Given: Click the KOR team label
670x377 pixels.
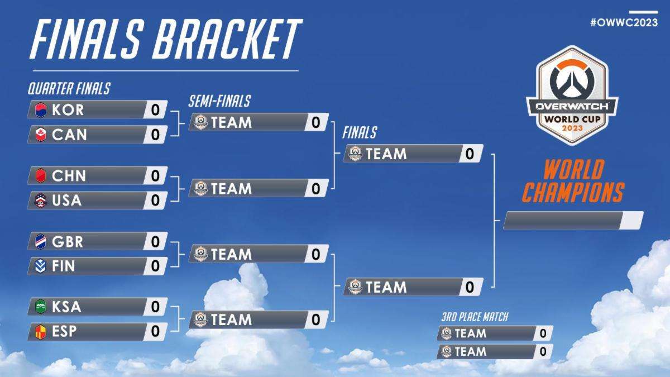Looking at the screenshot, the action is click(68, 110).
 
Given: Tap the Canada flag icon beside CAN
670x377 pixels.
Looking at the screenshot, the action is click(41, 135).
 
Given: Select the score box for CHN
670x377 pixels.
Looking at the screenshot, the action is click(155, 175).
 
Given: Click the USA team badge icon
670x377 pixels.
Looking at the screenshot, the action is click(41, 200).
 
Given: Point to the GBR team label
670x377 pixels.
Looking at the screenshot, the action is click(68, 242).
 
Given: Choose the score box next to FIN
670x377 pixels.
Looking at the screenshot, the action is click(155, 266).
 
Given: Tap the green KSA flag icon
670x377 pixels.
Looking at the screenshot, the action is click(41, 307).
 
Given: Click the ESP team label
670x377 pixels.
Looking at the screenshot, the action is click(64, 332).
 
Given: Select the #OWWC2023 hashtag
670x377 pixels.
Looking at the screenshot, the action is click(624, 22).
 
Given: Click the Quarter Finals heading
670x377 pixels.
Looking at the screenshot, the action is click(69, 89).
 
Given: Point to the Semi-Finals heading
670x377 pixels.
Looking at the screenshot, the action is click(219, 101).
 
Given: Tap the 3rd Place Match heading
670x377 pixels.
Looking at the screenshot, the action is click(475, 317).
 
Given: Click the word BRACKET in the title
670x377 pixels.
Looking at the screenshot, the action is click(228, 39).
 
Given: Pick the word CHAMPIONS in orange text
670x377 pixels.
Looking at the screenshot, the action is click(573, 192).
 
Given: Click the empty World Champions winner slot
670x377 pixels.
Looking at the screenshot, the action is click(573, 221).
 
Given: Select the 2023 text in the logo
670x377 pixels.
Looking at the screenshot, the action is click(572, 128).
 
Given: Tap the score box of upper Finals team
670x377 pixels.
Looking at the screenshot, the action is click(470, 154).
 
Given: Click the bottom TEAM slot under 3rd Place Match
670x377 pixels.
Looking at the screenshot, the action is click(495, 351).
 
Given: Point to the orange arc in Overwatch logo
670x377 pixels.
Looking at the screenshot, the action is click(572, 65).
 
